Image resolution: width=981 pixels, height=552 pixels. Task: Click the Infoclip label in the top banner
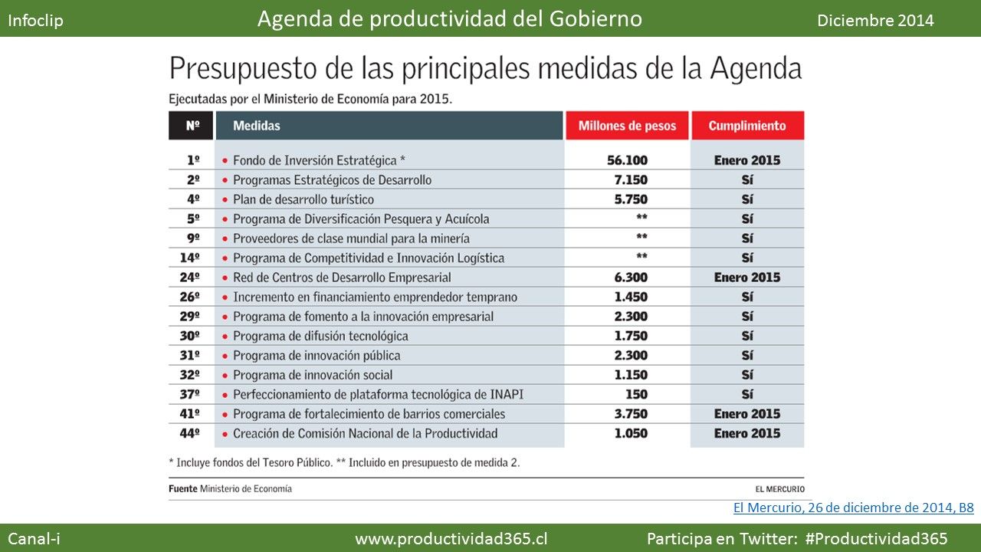tap(35, 21)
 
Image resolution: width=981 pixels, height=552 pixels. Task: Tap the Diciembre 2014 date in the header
tap(875, 21)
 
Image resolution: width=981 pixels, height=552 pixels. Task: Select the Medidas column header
tap(257, 126)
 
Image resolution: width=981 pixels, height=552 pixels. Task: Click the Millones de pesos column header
tap(627, 126)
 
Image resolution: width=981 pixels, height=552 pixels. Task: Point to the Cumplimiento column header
tap(747, 126)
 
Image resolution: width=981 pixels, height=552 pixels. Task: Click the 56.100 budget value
tap(627, 160)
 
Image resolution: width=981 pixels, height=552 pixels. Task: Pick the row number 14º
tap(189, 258)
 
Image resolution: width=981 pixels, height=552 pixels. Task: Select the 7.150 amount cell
tap(631, 179)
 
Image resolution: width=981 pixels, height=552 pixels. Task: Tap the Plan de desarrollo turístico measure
tap(303, 199)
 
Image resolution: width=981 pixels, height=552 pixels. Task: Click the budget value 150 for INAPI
tap(636, 394)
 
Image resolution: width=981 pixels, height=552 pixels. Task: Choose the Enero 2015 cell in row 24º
tap(747, 278)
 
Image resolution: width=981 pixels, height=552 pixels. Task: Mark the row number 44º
tap(189, 433)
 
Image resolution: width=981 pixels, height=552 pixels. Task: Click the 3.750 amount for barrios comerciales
tap(631, 413)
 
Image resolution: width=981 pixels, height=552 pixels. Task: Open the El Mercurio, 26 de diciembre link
tap(854, 508)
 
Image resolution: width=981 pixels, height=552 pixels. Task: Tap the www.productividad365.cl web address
tap(451, 538)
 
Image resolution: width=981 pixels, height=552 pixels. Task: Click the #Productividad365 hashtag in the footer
tap(876, 538)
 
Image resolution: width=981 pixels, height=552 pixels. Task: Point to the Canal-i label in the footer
tap(34, 538)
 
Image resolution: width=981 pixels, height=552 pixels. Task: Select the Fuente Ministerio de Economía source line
tap(231, 488)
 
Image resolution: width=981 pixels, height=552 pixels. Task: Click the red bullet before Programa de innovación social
tap(225, 376)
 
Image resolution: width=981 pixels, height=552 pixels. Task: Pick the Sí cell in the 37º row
tap(747, 394)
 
